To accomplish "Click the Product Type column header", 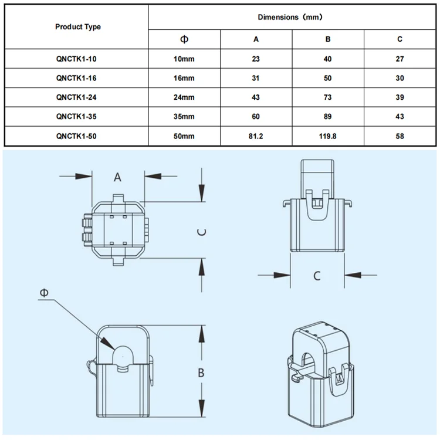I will (78, 27).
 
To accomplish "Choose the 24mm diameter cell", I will (184, 97).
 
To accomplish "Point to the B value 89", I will (328, 117).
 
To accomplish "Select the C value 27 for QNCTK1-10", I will (400, 59).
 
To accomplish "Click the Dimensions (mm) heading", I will (290, 18).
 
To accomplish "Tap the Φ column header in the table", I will (184, 40).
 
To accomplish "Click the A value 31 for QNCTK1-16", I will (256, 79).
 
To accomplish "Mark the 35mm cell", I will (184, 117).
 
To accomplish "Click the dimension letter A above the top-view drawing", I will (118, 176).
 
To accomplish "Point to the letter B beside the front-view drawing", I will (201, 373).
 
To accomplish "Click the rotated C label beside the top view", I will (201, 232).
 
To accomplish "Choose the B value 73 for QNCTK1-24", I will (328, 97).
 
